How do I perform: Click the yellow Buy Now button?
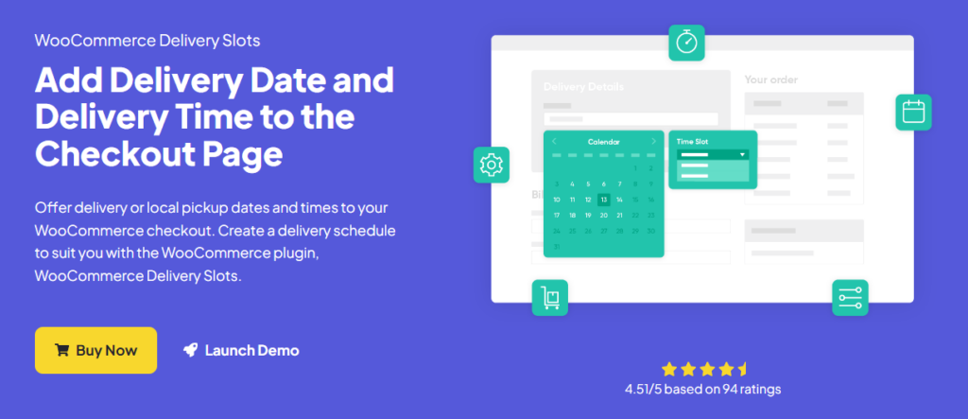95,350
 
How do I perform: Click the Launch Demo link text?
251,350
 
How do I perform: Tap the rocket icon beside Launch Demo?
190,350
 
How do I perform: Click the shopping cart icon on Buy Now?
62,350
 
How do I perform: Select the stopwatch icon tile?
687,43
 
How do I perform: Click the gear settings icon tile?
491,165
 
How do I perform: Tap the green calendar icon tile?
913,113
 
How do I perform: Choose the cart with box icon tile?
550,297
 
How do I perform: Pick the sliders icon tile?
850,297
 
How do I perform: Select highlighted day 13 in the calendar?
603,200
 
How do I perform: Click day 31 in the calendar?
557,246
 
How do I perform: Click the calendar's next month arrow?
653,142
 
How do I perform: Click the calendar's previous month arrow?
555,142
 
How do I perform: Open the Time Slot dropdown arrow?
742,154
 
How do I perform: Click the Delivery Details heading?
583,87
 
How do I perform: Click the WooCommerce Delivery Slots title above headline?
147,42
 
